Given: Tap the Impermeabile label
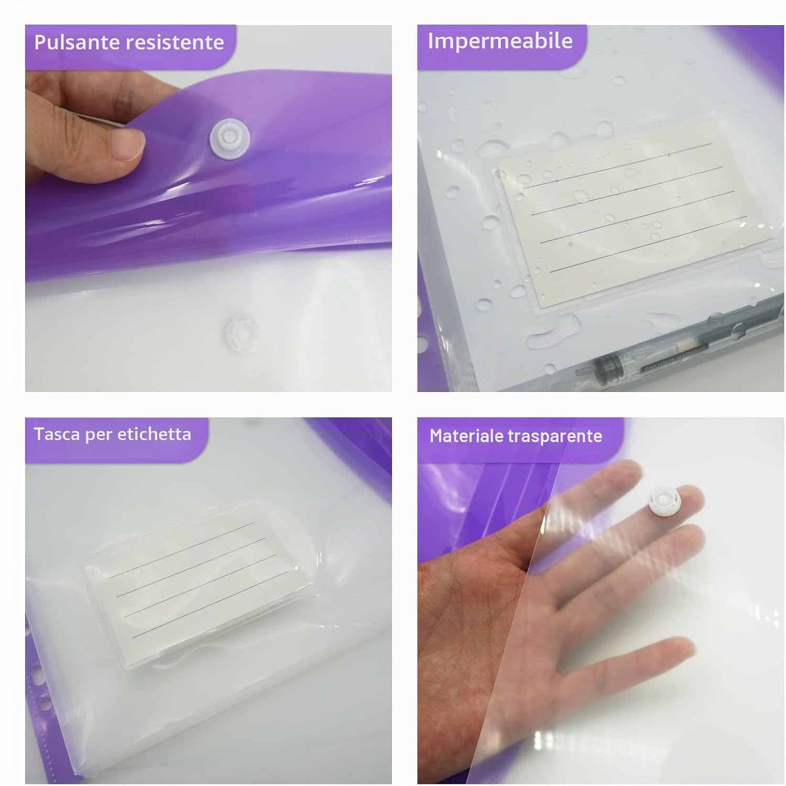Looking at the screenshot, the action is coord(500,41).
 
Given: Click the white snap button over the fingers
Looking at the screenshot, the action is coord(663,500).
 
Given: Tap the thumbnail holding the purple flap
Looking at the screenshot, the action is coord(127,145).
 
